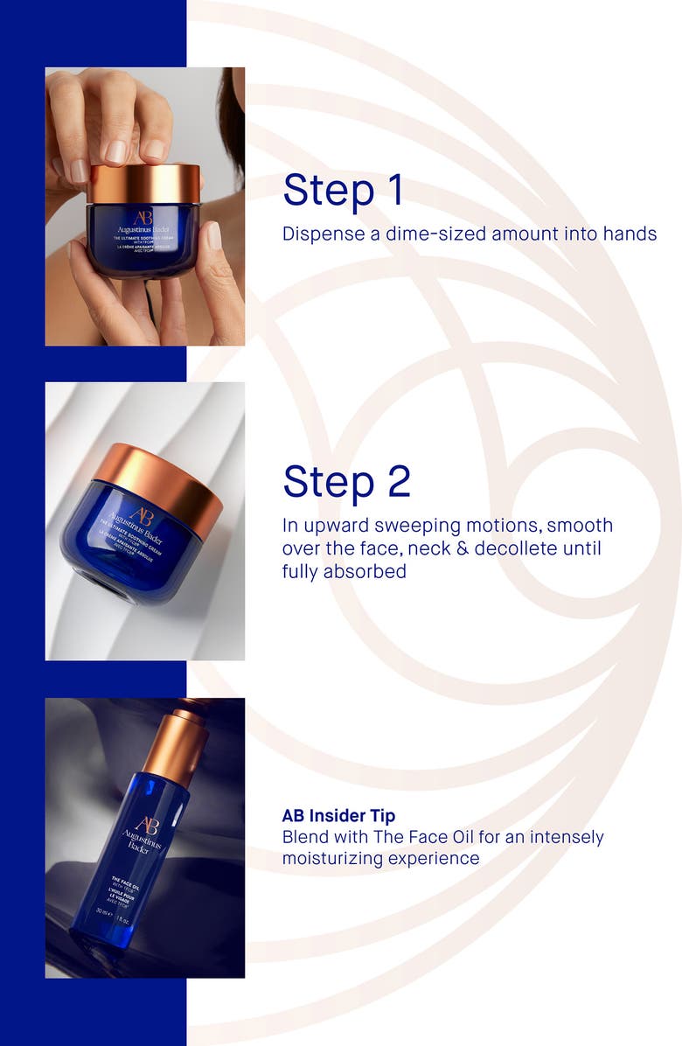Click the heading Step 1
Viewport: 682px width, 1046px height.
pyautogui.click(x=344, y=190)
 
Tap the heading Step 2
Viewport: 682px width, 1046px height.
pyautogui.click(x=346, y=481)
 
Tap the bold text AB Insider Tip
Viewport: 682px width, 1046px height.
pyautogui.click(x=338, y=816)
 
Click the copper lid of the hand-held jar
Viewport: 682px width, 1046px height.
pyautogui.click(x=144, y=182)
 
